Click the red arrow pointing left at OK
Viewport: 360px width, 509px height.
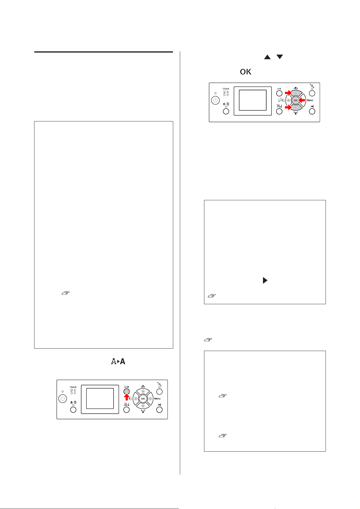pyautogui.click(x=302, y=100)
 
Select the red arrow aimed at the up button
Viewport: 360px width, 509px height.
pyautogui.click(x=288, y=93)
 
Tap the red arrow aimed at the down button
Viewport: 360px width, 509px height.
pyautogui.click(x=288, y=107)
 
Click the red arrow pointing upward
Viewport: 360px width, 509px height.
pyautogui.click(x=127, y=398)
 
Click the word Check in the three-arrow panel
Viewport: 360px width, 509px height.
pyautogui.click(x=226, y=89)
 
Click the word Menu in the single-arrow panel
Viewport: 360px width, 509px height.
pyautogui.click(x=157, y=399)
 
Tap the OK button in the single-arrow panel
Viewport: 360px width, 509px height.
pyautogui.click(x=143, y=399)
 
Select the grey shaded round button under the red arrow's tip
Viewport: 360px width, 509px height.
pyautogui.click(x=127, y=391)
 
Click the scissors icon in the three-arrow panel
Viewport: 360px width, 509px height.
pyautogui.click(x=312, y=106)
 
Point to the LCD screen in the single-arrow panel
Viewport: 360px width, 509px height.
pyautogui.click(x=100, y=399)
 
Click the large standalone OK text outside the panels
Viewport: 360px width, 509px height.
pyautogui.click(x=246, y=72)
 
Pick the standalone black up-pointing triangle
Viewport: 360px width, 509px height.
pyautogui.click(x=267, y=57)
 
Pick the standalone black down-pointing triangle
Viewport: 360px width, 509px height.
pyautogui.click(x=280, y=57)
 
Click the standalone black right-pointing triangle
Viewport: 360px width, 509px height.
pyautogui.click(x=265, y=280)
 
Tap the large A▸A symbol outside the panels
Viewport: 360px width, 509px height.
pyautogui.click(x=118, y=361)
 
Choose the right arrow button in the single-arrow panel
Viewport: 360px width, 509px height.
pyautogui.click(x=150, y=399)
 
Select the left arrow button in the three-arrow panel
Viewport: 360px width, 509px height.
pyautogui.click(x=288, y=100)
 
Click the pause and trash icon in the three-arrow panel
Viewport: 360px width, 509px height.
pyautogui.click(x=226, y=104)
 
